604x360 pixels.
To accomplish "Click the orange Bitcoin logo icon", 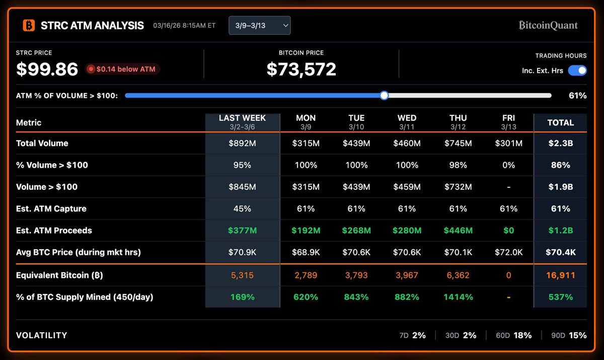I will (x=29, y=25).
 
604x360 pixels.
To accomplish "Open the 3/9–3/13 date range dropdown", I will (x=259, y=25).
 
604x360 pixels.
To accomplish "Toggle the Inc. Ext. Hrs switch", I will (x=577, y=70).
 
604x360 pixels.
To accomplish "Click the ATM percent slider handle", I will (x=384, y=95).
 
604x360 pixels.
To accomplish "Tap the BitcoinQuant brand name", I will (x=548, y=25).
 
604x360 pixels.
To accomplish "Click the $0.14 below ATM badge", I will (x=123, y=69).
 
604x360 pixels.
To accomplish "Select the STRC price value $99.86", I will (x=47, y=69).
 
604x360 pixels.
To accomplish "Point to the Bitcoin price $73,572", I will (x=301, y=69).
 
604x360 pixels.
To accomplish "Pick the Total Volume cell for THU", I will (x=458, y=143).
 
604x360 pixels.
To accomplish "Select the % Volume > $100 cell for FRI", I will (x=508, y=165).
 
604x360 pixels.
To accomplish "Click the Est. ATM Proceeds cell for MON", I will (x=306, y=231).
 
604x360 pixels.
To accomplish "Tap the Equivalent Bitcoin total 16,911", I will (x=560, y=275).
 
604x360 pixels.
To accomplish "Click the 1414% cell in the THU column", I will (x=458, y=297).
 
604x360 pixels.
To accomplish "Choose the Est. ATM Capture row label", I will (x=51, y=208).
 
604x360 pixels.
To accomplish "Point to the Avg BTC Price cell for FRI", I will (x=508, y=252).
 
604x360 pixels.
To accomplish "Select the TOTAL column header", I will (x=560, y=122).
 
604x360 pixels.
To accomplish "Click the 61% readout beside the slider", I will (x=577, y=95).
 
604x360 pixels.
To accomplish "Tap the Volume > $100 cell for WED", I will (x=407, y=187).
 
